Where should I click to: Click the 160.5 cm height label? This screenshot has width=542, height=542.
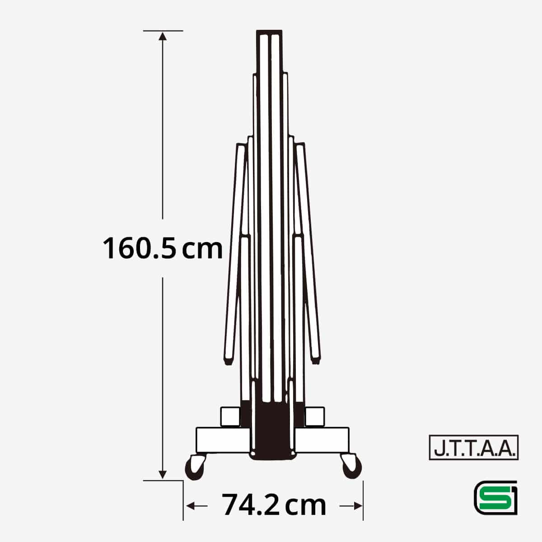coord(163,248)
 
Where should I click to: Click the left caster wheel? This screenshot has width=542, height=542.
coord(195,468)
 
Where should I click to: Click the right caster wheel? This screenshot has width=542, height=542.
coord(351,468)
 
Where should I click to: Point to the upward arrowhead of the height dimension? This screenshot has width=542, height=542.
coord(163,37)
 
